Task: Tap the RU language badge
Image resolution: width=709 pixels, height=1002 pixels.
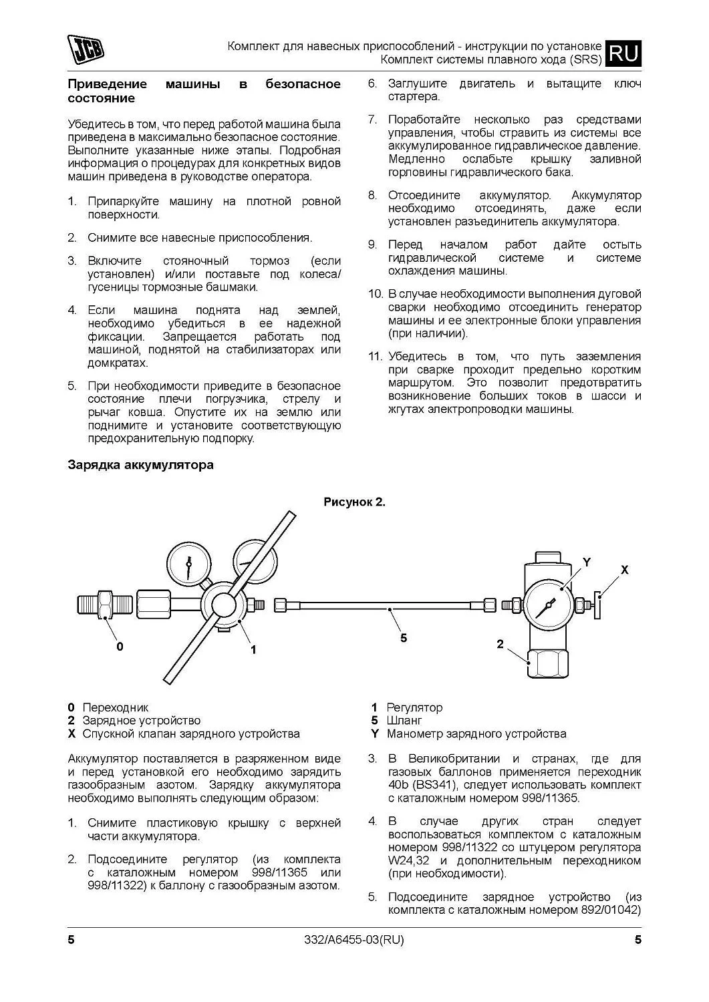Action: pos(624,53)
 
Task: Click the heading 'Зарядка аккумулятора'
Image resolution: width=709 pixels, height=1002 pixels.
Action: pos(141,465)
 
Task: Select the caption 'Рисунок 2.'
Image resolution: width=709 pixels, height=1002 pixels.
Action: pos(354,502)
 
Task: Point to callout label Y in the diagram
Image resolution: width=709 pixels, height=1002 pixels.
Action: pos(587,562)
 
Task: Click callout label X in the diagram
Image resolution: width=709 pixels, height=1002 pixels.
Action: pos(625,570)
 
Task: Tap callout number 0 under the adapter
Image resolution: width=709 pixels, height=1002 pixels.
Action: pos(120,646)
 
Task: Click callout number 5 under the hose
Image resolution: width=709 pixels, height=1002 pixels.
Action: pos(404,637)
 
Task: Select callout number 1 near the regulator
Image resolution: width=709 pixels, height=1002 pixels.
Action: pos(254,649)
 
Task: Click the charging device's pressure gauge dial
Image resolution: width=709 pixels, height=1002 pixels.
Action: pos(546,605)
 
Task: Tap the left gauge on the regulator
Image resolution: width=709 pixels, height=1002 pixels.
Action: pos(188,565)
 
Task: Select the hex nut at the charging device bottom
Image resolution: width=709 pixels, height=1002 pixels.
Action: pos(547,664)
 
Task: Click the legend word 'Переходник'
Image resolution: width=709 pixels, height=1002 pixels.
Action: pos(116,707)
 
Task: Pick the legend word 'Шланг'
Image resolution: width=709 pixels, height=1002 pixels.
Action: pos(404,721)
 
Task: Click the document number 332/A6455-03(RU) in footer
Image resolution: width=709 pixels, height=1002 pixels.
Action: pos(354,940)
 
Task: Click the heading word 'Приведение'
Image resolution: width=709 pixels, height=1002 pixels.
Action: pos(107,84)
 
